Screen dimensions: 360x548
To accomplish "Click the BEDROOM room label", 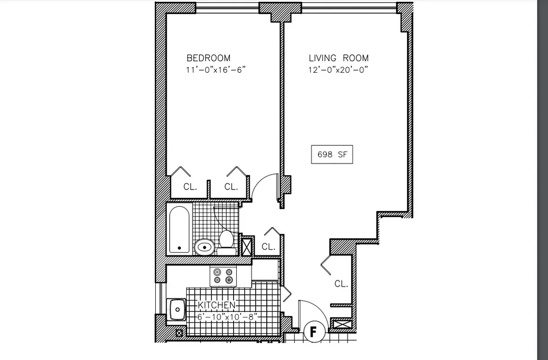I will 208,58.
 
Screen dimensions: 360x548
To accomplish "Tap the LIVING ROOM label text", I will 338,58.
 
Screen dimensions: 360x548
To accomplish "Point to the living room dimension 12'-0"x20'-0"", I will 339,70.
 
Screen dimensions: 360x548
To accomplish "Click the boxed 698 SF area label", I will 332,154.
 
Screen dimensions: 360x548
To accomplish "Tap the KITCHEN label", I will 216,305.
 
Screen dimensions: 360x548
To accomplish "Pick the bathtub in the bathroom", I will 180,229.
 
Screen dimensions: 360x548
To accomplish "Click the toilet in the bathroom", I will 226,240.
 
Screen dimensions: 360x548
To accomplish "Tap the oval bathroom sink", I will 205,246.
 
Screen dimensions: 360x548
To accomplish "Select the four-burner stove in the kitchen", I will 224,276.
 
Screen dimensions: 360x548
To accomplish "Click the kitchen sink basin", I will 176,310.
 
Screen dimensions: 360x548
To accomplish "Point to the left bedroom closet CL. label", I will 190,187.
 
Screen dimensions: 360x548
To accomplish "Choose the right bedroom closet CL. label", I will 231,187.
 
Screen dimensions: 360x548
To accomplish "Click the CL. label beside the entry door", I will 341,284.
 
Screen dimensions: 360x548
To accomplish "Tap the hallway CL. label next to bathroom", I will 268,247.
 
